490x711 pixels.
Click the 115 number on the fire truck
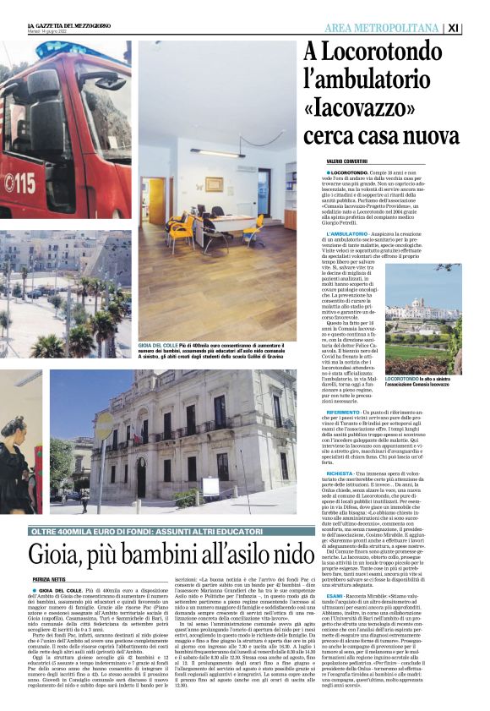click(19, 182)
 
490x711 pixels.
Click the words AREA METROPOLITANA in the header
click(382, 28)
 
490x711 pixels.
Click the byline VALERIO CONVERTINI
click(354, 160)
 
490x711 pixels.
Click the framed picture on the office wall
click(215, 183)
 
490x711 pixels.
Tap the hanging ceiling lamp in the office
click(217, 152)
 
